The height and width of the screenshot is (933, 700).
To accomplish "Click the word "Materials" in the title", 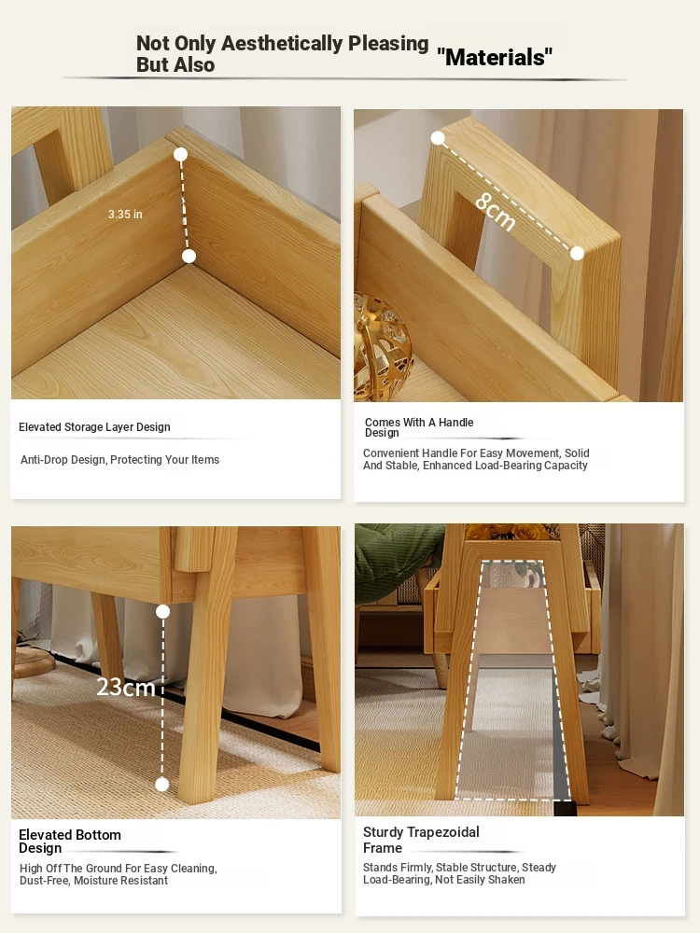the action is click(495, 57).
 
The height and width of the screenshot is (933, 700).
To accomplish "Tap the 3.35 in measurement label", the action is click(125, 215).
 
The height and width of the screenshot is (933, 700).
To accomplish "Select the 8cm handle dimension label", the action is click(495, 212).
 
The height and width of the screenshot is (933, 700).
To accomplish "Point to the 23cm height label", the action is click(126, 688).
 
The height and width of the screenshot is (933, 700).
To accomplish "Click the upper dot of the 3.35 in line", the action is click(180, 155).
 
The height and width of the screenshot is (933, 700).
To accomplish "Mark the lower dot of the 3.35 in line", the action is click(189, 256).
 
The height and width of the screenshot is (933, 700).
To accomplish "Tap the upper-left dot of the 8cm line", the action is click(438, 138).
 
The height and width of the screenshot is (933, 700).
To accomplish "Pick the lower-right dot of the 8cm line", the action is click(577, 254).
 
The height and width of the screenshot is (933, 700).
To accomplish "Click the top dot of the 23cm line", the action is click(162, 611).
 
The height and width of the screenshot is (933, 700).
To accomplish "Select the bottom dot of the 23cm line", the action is click(161, 785).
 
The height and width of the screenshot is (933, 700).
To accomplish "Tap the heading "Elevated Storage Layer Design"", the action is click(94, 427).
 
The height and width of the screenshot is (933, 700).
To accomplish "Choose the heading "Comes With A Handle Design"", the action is click(419, 427).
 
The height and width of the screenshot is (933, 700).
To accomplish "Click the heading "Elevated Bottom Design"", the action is click(70, 842).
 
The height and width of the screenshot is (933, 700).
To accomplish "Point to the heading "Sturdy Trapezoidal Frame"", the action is click(421, 840).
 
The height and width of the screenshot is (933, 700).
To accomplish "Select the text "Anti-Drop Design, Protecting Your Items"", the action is click(119, 459).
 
